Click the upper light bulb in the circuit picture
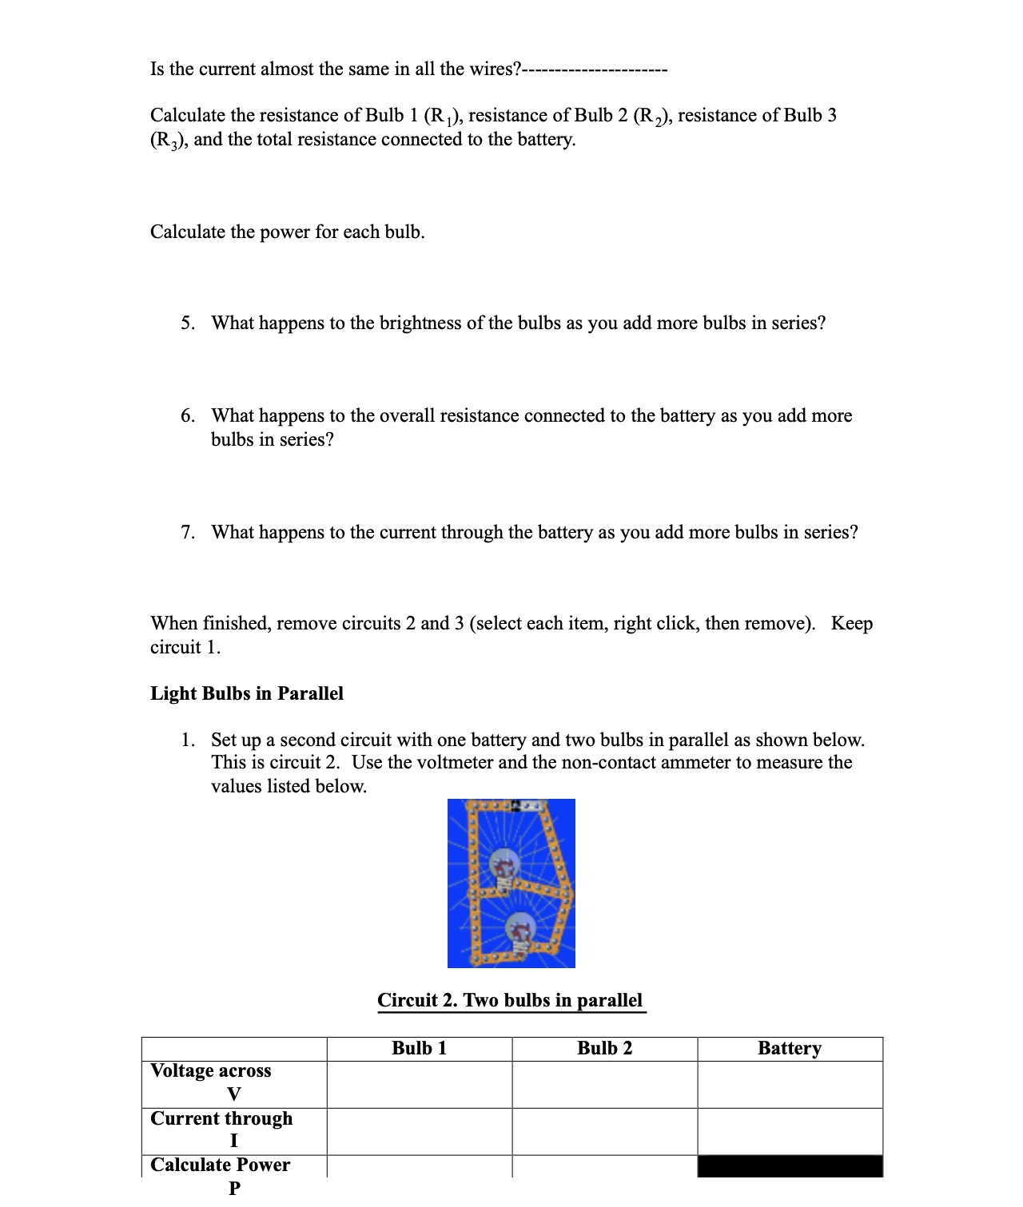[x=504, y=869]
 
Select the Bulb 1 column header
[x=419, y=1048]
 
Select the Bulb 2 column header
[x=604, y=1048]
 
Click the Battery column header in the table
[x=789, y=1048]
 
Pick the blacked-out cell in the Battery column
[x=790, y=1166]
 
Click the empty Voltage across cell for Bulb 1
[x=419, y=1084]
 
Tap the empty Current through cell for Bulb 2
[x=604, y=1131]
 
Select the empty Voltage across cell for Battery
[x=790, y=1084]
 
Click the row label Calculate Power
[x=220, y=1165]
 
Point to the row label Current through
[x=221, y=1118]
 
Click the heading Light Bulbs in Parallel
[x=246, y=693]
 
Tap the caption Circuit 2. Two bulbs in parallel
[x=510, y=1000]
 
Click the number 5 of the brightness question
[x=186, y=323]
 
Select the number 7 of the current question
[x=186, y=532]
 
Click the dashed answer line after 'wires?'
[x=595, y=69]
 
